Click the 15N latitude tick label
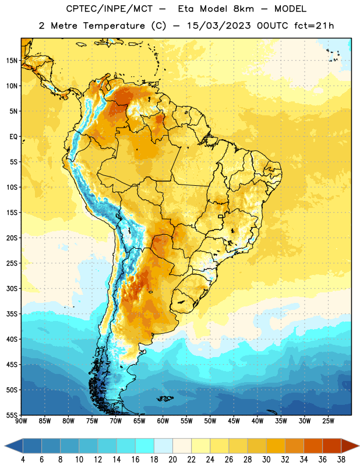[x=12, y=61]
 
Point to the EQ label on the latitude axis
[x=13, y=137]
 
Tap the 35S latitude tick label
[x=12, y=314]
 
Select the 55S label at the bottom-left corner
[x=12, y=415]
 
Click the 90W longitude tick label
[x=21, y=421]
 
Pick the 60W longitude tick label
[x=163, y=421]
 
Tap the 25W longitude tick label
[x=328, y=421]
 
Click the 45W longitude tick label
[x=234, y=421]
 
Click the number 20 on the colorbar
[x=172, y=460]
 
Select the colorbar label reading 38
[x=341, y=460]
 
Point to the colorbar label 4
[x=23, y=460]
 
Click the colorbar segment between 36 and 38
[x=332, y=446]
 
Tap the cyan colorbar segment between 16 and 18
[x=144, y=446]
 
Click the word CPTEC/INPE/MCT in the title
[x=110, y=9]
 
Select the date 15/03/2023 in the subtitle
[x=219, y=26]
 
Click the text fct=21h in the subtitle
[x=314, y=26]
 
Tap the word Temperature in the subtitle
[x=114, y=26]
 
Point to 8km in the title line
[x=243, y=9]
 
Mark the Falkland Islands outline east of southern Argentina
[x=165, y=398]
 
